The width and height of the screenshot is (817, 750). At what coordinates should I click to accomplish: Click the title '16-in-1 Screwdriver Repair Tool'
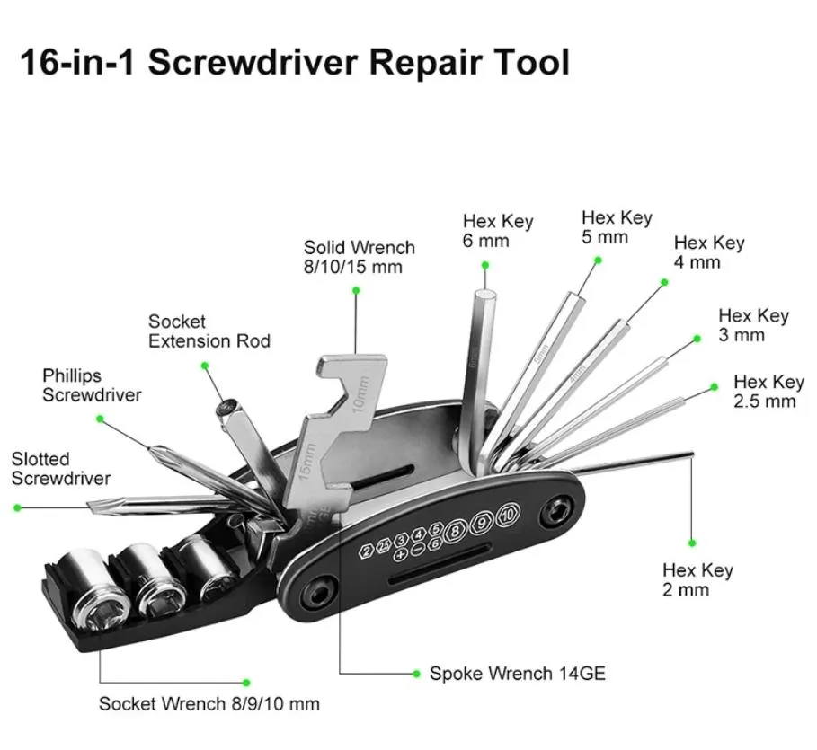pos(295,63)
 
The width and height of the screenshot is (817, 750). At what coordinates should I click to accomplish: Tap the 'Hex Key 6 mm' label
pos(498,231)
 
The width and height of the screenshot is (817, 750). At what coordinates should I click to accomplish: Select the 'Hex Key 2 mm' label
pos(697,579)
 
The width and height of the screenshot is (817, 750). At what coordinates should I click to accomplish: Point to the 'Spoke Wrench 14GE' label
pos(518,674)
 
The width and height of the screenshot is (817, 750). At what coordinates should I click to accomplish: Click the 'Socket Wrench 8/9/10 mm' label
pos(209,703)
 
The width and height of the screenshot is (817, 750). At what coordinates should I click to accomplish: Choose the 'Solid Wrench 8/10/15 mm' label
pos(360,257)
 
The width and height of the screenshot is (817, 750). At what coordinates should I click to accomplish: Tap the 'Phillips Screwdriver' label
pos(92,385)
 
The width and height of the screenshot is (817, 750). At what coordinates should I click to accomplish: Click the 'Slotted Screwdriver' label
pos(61,468)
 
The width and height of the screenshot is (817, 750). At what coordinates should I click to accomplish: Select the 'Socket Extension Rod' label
pos(209,331)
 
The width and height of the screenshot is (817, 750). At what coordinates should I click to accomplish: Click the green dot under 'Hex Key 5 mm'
pos(599,260)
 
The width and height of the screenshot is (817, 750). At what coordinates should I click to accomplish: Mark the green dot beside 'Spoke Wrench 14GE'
pos(416,674)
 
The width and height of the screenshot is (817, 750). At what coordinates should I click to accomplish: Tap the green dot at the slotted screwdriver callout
pos(18,507)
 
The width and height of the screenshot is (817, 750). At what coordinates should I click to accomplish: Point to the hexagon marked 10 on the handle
pos(508,515)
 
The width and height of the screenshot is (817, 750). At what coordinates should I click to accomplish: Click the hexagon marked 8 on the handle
pos(456,530)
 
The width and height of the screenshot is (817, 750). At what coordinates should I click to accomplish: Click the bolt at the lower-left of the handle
pos(316,593)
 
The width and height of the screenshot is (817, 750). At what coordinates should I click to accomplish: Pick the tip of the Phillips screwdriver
pos(151,448)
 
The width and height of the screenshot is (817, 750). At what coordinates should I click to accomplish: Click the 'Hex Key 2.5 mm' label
pos(768,391)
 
